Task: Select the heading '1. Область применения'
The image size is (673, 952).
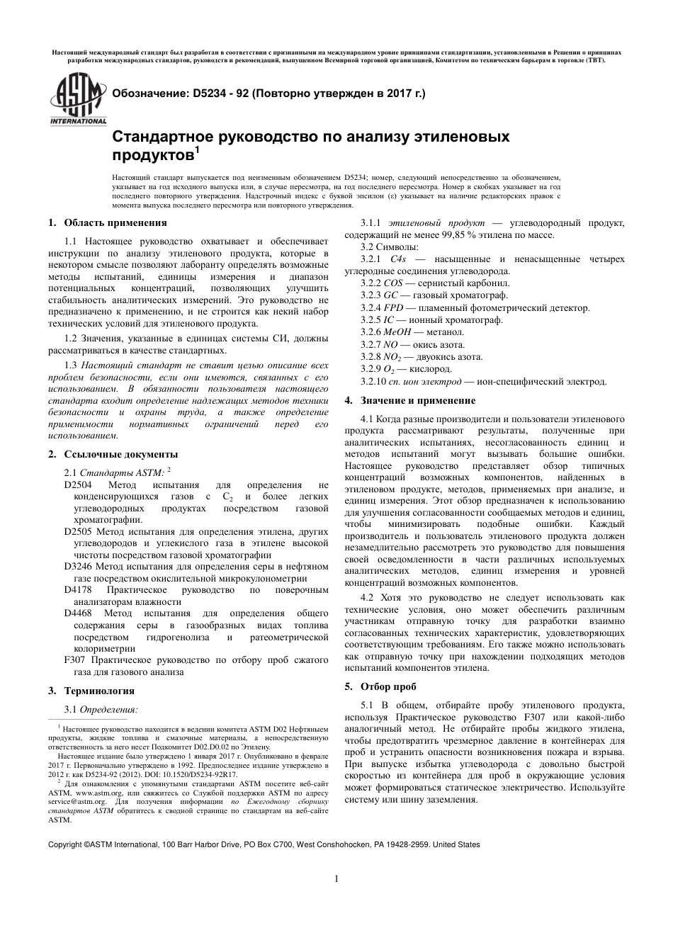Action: [x=108, y=222]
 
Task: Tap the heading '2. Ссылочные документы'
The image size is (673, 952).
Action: [x=113, y=454]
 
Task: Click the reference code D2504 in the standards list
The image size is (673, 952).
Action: [x=78, y=485]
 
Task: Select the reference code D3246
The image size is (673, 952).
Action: [x=78, y=567]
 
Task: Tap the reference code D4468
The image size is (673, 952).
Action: [x=78, y=613]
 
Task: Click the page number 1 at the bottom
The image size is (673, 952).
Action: [x=336, y=879]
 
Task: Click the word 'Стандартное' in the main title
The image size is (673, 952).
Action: [x=158, y=136]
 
